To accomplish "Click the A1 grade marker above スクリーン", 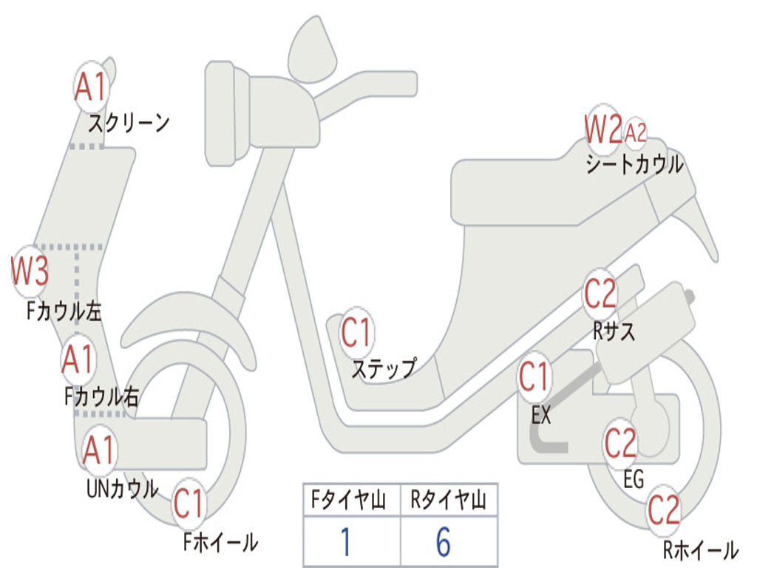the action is pyautogui.click(x=92, y=88).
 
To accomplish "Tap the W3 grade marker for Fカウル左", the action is pyautogui.click(x=30, y=271).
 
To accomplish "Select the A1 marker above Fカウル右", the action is pyautogui.click(x=78, y=360).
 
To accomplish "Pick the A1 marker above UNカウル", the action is pyautogui.click(x=99, y=450).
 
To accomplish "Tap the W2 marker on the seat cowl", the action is pyautogui.click(x=603, y=130).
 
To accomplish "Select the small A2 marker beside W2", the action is pyautogui.click(x=636, y=132).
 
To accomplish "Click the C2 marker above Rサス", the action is pyautogui.click(x=600, y=294).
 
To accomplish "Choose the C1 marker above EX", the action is pyautogui.click(x=534, y=377).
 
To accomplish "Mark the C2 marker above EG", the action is pyautogui.click(x=621, y=443).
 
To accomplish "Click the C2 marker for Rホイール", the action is pyautogui.click(x=664, y=510).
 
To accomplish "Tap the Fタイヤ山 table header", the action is pyautogui.click(x=351, y=501).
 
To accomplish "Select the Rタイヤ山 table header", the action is pyautogui.click(x=449, y=501).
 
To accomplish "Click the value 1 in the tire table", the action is pyautogui.click(x=346, y=543).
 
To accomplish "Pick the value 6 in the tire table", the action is pyautogui.click(x=444, y=543).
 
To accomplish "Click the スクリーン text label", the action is pyautogui.click(x=129, y=122).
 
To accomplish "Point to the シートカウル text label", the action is pyautogui.click(x=634, y=164).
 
